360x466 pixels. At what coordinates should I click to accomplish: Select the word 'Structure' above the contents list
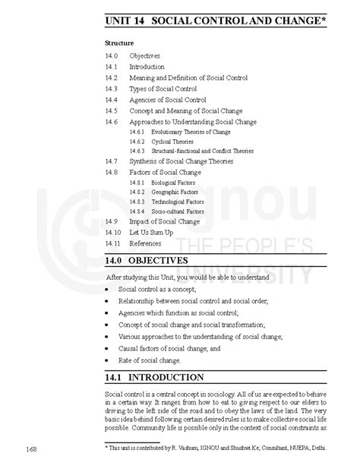[x=120, y=43]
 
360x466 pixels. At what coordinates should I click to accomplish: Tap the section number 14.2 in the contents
[x=112, y=78]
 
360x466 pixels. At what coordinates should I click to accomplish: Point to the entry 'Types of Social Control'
[x=163, y=89]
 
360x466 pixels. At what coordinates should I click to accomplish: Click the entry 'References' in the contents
[x=145, y=243]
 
